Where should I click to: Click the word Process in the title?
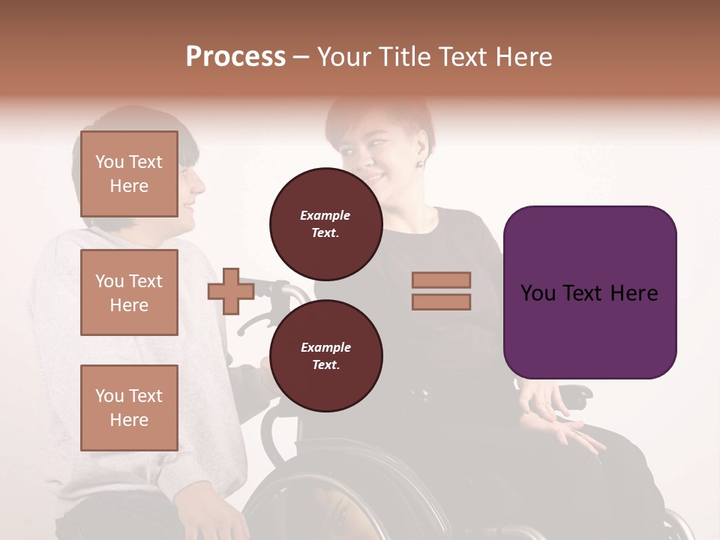coord(235,57)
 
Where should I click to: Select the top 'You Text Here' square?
coord(129,174)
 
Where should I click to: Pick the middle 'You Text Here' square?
coord(129,292)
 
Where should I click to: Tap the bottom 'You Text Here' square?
coord(129,407)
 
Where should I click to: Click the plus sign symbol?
coord(231,292)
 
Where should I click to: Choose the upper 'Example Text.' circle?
coord(325,224)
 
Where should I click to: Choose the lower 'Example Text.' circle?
coord(325,356)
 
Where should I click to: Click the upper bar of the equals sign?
coord(441,280)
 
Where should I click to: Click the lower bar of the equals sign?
coord(441,301)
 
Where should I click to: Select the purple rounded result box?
coord(589,292)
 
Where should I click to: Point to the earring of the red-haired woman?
coord(419,163)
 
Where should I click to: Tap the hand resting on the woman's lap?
coord(570,435)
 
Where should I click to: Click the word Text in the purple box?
coord(589,293)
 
